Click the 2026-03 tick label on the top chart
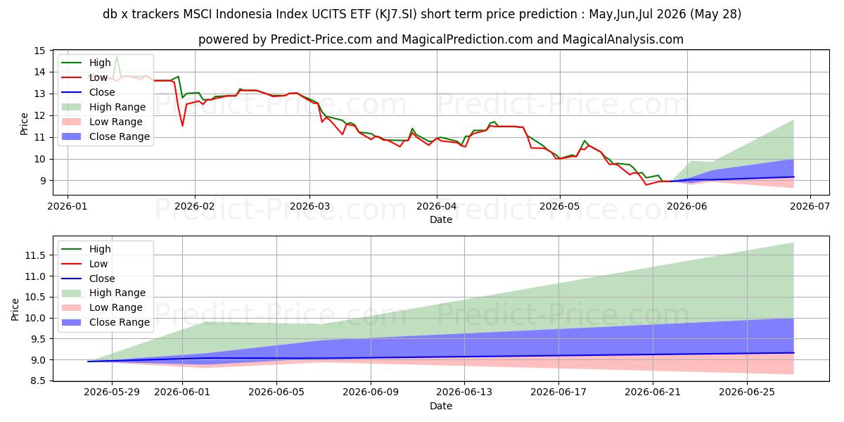[309, 207]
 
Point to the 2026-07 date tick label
[810, 207]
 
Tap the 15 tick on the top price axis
[39, 51]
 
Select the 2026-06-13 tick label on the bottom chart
[464, 392]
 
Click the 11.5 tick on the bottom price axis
[35, 255]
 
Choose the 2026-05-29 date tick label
[112, 392]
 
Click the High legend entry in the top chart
[86, 63]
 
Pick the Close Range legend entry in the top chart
[105, 136]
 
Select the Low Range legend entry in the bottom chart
[102, 307]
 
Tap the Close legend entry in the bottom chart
[88, 279]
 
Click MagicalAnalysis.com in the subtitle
[623, 39]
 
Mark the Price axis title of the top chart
[24, 124]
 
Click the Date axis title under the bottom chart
[441, 406]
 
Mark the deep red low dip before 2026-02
[182, 125]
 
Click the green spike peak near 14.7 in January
[117, 56]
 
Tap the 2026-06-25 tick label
[747, 392]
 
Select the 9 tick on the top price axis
[41, 181]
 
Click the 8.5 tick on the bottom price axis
[38, 381]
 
